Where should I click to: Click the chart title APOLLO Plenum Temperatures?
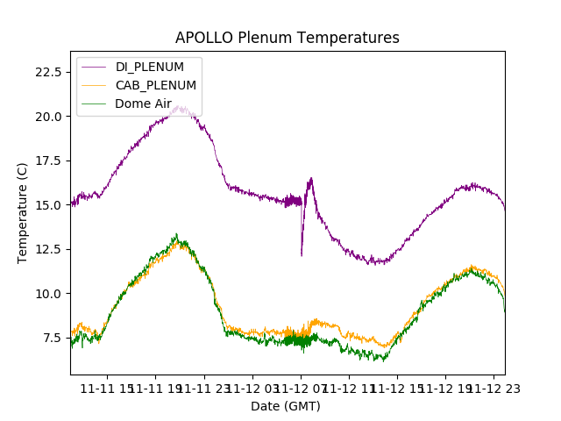(x=287, y=38)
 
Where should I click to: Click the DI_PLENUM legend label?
(x=150, y=68)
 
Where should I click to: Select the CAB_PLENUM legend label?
(x=156, y=85)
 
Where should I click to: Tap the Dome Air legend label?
(x=143, y=103)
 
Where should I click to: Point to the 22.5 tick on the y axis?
(x=48, y=71)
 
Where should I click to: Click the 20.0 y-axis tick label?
(x=48, y=116)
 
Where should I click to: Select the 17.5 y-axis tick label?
(x=48, y=161)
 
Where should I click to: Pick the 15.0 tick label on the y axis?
(x=48, y=204)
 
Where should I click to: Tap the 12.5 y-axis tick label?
(x=48, y=249)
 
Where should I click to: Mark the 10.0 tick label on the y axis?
(x=48, y=293)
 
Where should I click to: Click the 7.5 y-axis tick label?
(x=52, y=338)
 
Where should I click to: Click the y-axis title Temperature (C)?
(x=23, y=212)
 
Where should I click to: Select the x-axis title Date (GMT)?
(x=286, y=406)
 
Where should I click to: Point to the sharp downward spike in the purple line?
(x=302, y=254)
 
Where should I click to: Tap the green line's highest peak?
(x=176, y=234)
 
